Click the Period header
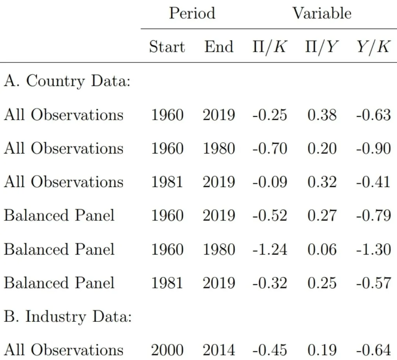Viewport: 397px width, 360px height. pos(192,13)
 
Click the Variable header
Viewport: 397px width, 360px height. pos(322,13)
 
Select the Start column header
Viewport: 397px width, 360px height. pos(167,47)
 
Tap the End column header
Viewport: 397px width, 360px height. pos(219,47)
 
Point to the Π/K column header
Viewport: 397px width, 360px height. pos(270,47)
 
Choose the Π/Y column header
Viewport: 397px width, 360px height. pos(322,47)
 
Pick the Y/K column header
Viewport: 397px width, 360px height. pos(373,47)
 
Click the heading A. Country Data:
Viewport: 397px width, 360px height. pos(67,81)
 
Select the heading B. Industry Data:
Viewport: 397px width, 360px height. pos(68,317)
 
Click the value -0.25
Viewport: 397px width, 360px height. pos(270,115)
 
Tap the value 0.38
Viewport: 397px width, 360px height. pos(322,115)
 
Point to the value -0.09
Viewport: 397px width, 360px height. pos(270,182)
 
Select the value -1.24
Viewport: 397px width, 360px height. pos(270,249)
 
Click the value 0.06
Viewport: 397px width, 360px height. pos(322,249)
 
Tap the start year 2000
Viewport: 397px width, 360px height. pos(167,350)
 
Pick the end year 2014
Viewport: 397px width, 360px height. pos(219,350)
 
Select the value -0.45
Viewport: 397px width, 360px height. pos(270,350)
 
